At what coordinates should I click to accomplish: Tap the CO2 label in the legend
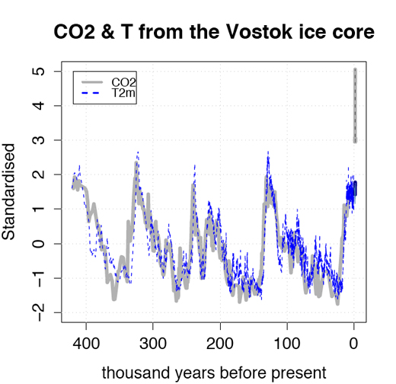point(123,82)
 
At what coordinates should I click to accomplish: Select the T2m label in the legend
point(123,93)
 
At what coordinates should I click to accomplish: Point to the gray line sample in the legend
point(92,82)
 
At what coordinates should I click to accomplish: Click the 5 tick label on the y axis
point(40,72)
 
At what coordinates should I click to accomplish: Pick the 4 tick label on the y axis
point(40,106)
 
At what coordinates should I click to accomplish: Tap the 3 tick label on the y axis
point(40,140)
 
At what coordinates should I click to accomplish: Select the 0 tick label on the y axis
point(40,244)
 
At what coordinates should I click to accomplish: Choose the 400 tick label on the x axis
point(86,344)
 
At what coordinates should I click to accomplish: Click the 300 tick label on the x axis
point(153,344)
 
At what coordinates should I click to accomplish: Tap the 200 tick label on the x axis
point(220,344)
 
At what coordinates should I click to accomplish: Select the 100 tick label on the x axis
point(287,344)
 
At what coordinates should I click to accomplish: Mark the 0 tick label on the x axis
point(354,344)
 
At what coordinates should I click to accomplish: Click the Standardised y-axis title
point(8,192)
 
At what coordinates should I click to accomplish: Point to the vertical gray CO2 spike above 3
point(356,106)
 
